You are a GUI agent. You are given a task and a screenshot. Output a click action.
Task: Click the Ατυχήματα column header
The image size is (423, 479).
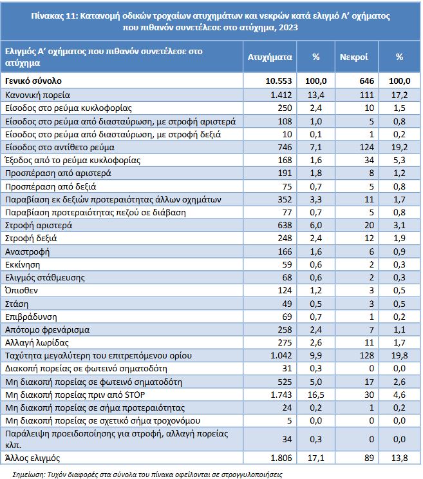point(270,57)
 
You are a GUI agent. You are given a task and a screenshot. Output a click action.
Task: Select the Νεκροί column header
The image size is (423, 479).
point(353,57)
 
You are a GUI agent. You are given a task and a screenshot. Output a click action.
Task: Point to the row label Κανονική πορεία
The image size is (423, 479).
point(33,95)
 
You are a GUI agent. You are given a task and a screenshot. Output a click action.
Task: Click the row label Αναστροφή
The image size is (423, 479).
point(27,251)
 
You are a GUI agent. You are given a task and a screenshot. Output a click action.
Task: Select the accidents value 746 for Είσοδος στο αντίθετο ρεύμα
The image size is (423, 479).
point(284,147)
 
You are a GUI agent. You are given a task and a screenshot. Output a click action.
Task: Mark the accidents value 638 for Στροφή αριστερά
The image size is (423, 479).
point(284,225)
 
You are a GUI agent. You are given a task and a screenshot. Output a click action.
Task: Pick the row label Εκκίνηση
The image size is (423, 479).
point(23,264)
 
